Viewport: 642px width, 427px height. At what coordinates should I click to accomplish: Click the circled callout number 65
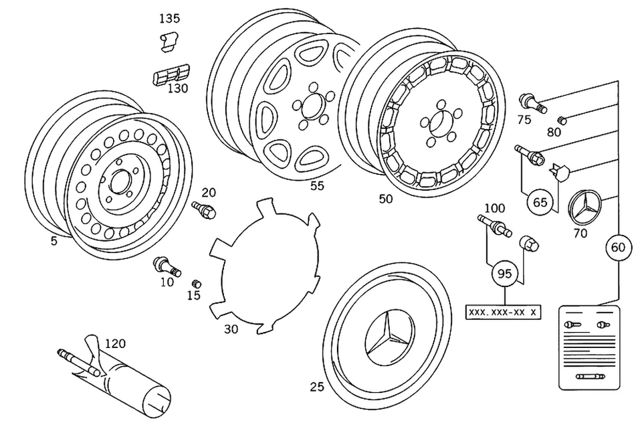540,202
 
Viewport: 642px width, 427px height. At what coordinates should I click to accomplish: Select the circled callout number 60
618,247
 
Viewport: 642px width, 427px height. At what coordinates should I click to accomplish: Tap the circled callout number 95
504,273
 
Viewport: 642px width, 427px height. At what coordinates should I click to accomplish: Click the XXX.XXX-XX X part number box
503,313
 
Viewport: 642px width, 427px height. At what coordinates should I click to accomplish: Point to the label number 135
169,19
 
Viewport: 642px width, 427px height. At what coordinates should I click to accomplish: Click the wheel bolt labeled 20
205,209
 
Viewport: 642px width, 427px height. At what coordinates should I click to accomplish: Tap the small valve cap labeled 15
197,284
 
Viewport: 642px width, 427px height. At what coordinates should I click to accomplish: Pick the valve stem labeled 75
533,104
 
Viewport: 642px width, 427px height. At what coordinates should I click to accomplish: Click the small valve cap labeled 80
562,120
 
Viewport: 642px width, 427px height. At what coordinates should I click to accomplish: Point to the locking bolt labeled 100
495,226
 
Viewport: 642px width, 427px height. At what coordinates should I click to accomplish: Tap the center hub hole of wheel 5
120,181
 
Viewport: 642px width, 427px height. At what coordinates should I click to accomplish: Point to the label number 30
231,329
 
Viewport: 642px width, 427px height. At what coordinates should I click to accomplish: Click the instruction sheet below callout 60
589,347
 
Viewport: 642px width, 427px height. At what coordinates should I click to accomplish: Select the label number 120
116,343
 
